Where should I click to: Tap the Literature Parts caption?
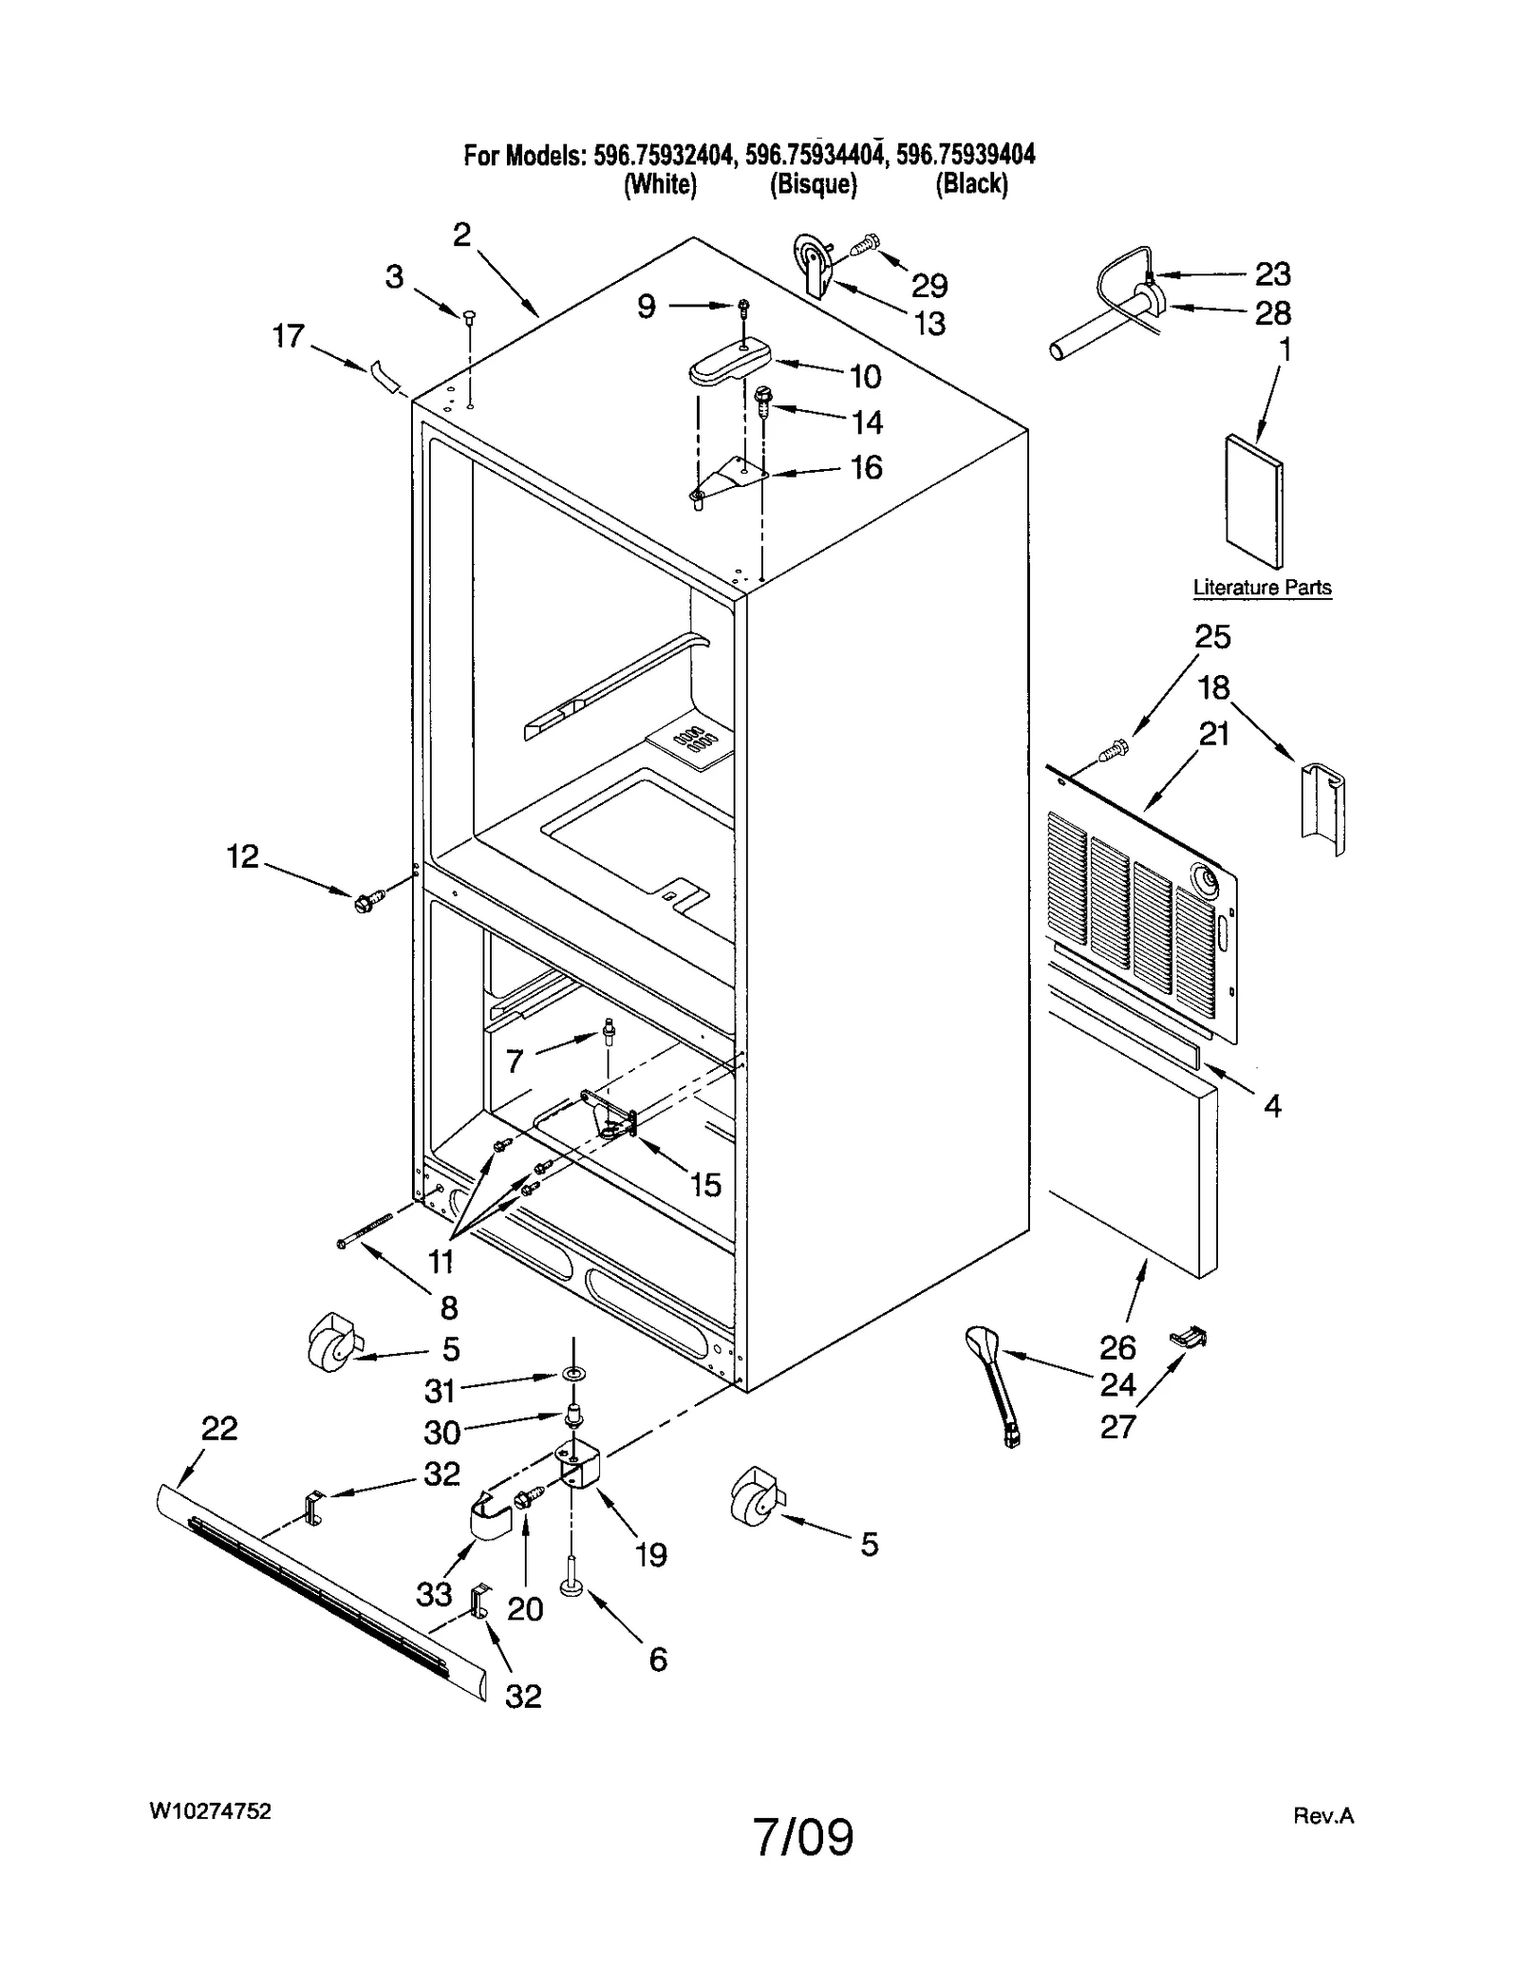[1261, 588]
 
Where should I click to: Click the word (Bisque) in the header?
[813, 184]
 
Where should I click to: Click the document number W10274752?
[210, 1811]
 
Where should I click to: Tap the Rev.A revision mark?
[1323, 1816]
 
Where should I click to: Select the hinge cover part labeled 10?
[729, 362]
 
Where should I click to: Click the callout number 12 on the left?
[243, 856]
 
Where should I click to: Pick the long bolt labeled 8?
[365, 1230]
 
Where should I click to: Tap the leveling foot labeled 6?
[572, 1587]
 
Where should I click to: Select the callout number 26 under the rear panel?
[1117, 1346]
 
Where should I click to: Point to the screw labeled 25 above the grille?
[1111, 753]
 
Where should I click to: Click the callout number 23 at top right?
[1272, 274]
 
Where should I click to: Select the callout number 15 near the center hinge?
[705, 1185]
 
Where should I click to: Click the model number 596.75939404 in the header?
[966, 155]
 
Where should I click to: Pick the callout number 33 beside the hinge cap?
[434, 1593]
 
